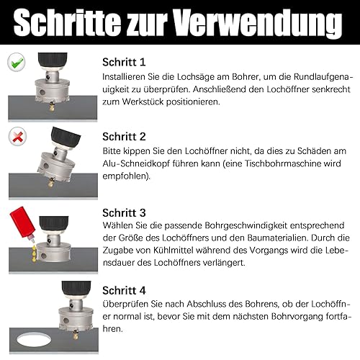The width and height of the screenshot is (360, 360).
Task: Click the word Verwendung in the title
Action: pyautogui.click(x=258, y=22)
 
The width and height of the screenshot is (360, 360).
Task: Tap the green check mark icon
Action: pyautogui.click(x=17, y=62)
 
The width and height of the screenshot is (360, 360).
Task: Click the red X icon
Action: pyautogui.click(x=17, y=136)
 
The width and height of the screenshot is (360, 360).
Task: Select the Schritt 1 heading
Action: pyautogui.click(x=124, y=62)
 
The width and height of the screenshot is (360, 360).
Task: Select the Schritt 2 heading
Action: pyautogui.click(x=124, y=137)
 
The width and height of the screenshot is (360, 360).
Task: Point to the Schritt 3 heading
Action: pyautogui.click(x=124, y=212)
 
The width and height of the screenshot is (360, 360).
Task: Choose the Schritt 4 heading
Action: pyautogui.click(x=124, y=290)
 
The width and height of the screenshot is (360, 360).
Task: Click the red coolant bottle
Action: pyautogui.click(x=22, y=223)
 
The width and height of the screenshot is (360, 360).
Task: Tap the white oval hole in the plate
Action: pyautogui.click(x=34, y=340)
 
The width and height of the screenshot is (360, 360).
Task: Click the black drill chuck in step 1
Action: pyautogui.click(x=53, y=61)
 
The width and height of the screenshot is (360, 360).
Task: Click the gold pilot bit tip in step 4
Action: pyautogui.click(x=76, y=335)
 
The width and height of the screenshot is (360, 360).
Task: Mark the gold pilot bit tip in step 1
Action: pyautogui.click(x=52, y=107)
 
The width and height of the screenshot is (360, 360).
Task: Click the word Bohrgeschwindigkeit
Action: pyautogui.click(x=246, y=225)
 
